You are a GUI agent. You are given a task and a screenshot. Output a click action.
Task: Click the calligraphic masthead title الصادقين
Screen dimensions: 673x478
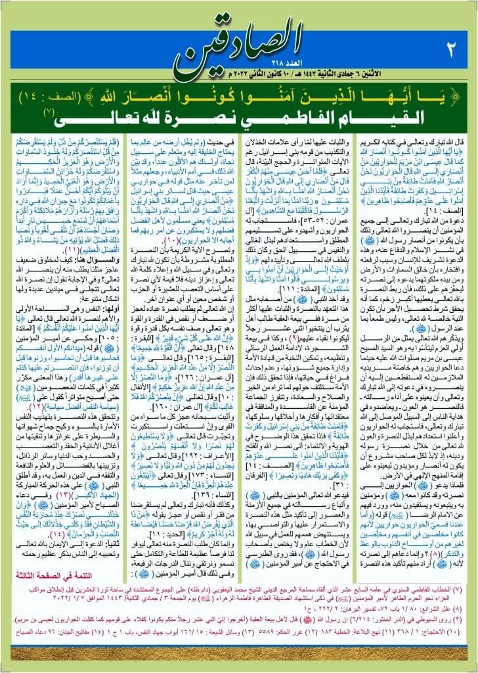coord(239,39)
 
